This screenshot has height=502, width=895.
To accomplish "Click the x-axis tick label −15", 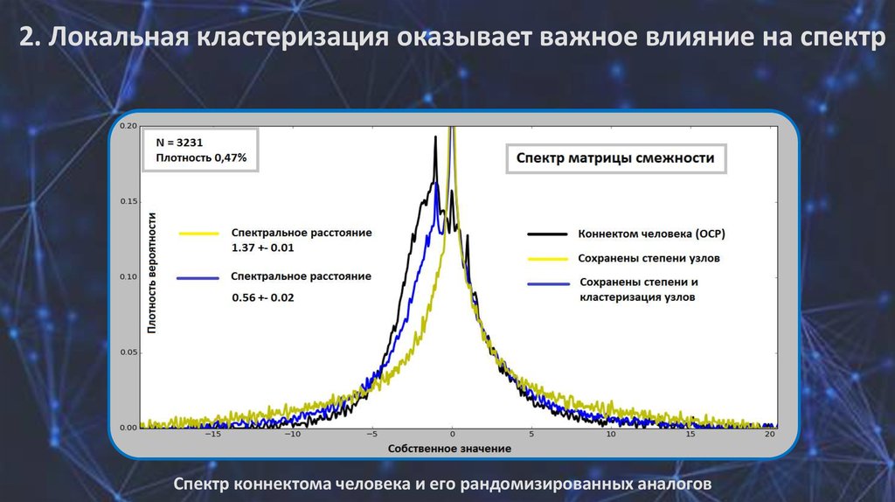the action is pos(213,435).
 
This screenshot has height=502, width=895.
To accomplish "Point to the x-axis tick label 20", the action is pos(770,435).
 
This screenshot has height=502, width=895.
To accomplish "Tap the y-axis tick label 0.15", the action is pos(128,202).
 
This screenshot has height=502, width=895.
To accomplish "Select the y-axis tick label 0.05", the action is pos(128,352).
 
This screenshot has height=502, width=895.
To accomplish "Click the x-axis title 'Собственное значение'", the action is pos(449,449).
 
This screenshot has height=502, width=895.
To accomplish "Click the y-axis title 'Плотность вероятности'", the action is pos(151,273).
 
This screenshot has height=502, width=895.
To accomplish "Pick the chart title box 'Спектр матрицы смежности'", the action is pos(616,159).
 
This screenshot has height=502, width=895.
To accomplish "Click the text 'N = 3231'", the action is pos(179,143).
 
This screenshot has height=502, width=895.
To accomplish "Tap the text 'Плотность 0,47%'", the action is pos(201,158).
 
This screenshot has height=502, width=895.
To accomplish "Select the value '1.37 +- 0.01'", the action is pos(262,248).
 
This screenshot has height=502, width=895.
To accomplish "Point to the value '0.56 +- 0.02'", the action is pos(262,297).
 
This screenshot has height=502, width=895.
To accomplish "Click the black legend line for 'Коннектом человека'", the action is pos(547,234).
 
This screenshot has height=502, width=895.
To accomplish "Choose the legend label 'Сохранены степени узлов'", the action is pos(649,258).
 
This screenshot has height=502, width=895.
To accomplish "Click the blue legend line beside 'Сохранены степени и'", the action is pos(549,284).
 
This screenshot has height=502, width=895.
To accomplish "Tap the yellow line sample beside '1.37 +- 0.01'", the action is pos(199,233).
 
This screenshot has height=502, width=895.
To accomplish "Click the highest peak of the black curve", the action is pos(435,137).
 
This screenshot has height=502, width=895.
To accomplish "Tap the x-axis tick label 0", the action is pos(452,435).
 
